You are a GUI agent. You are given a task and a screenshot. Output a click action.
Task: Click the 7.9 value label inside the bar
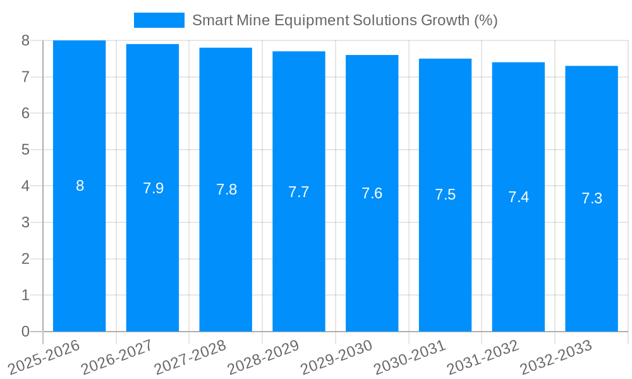pos(153,188)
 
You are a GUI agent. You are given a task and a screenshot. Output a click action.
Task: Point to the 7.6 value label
pos(372,193)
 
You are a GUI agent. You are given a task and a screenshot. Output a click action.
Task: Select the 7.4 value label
pos(518,197)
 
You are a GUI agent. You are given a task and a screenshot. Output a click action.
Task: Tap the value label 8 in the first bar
pos(80,186)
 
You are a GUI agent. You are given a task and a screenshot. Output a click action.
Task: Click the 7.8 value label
pos(226,189)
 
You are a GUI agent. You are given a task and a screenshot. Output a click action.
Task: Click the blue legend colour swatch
pos(159,20)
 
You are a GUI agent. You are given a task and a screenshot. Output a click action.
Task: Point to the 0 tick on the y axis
pos(25,332)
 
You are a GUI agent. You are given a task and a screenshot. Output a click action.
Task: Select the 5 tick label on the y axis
pos(25,150)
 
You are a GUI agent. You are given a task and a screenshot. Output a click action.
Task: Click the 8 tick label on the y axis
pos(25,40)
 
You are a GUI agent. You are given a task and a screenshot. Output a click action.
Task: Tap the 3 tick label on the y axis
pos(25,222)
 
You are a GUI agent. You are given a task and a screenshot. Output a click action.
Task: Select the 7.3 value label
pos(592,198)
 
